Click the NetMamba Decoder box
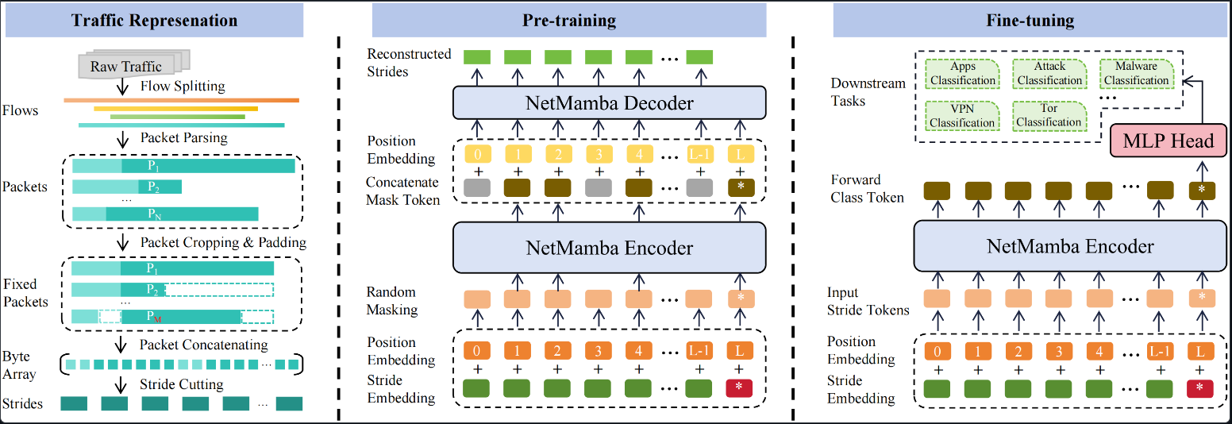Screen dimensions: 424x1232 click(610, 102)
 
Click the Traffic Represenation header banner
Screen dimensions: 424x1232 click(154, 20)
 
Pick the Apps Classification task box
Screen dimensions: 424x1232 click(962, 74)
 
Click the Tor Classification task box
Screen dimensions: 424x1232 click(1049, 116)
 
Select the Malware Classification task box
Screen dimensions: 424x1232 click(1136, 74)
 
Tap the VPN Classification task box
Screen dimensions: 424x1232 click(962, 116)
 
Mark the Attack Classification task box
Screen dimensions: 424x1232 click(1049, 74)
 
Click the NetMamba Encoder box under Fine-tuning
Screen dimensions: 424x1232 click(1070, 246)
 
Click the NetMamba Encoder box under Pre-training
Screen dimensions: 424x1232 click(610, 247)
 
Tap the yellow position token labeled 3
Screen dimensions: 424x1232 click(598, 152)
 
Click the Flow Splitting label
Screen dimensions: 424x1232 click(183, 86)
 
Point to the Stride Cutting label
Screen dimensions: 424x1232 click(182, 385)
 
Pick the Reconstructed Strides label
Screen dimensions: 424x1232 click(409, 63)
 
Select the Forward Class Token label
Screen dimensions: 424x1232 click(867, 188)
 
